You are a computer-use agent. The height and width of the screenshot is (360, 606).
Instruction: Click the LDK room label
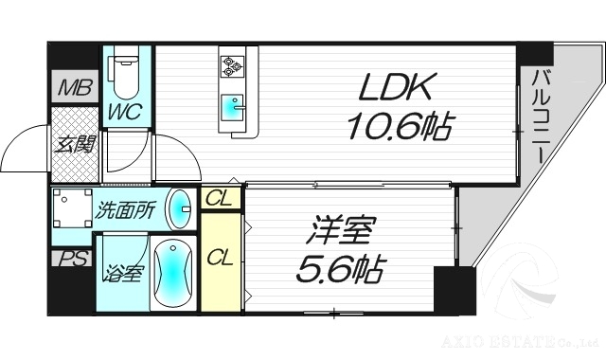397,89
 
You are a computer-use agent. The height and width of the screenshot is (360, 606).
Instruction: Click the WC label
124,112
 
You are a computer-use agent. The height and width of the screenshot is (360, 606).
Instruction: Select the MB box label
73,91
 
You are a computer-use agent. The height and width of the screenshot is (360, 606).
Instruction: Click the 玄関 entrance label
72,145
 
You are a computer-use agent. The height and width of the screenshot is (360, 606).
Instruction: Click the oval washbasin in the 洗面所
177,208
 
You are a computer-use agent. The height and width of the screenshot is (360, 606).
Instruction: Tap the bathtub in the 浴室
170,274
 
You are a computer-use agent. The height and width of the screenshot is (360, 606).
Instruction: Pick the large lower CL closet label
220,257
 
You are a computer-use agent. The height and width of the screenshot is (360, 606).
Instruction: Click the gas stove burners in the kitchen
233,65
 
